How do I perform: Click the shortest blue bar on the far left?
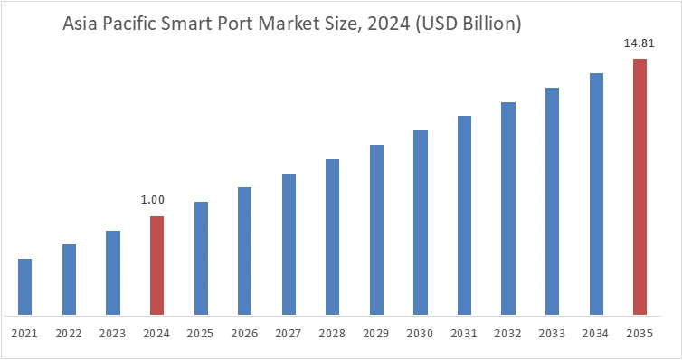(25, 285)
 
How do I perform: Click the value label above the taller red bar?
(639, 43)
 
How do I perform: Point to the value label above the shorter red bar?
(152, 202)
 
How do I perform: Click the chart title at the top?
(289, 26)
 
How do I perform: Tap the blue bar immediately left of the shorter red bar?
(112, 270)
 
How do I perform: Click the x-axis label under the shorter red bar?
(156, 333)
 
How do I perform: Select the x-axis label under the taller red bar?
(639, 333)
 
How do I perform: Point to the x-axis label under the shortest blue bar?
(25, 333)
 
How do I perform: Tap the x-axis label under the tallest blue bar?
(596, 333)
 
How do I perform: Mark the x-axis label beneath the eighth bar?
(332, 333)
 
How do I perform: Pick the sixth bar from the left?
(243, 249)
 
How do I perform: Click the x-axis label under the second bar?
(69, 333)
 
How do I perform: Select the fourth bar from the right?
(509, 208)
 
